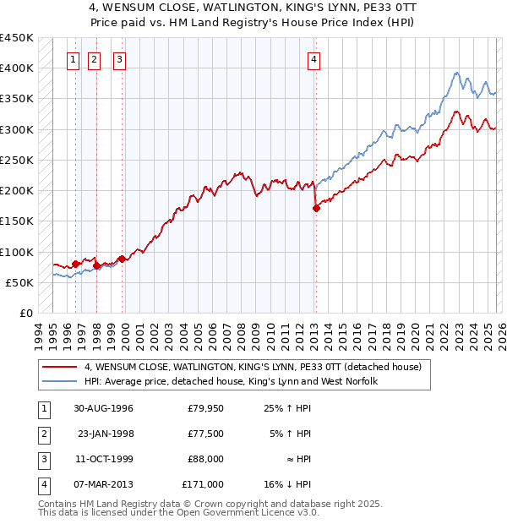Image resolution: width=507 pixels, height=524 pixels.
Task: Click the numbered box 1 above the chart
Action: [x=74, y=59]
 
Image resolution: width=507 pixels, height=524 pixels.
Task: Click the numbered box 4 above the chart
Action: [x=313, y=59]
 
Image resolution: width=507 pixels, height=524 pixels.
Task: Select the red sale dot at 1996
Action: [x=75, y=264]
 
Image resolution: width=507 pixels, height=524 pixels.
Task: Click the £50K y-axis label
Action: [x=19, y=282]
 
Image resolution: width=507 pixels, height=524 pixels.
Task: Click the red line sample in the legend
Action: [x=60, y=367]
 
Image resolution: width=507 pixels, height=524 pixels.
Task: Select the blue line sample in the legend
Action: [x=60, y=382]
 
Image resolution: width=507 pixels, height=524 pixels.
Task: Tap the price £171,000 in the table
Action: [x=203, y=485]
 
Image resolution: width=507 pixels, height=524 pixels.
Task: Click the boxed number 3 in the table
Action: [x=42, y=460]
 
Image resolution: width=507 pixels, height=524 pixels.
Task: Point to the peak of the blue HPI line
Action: [x=455, y=73]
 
